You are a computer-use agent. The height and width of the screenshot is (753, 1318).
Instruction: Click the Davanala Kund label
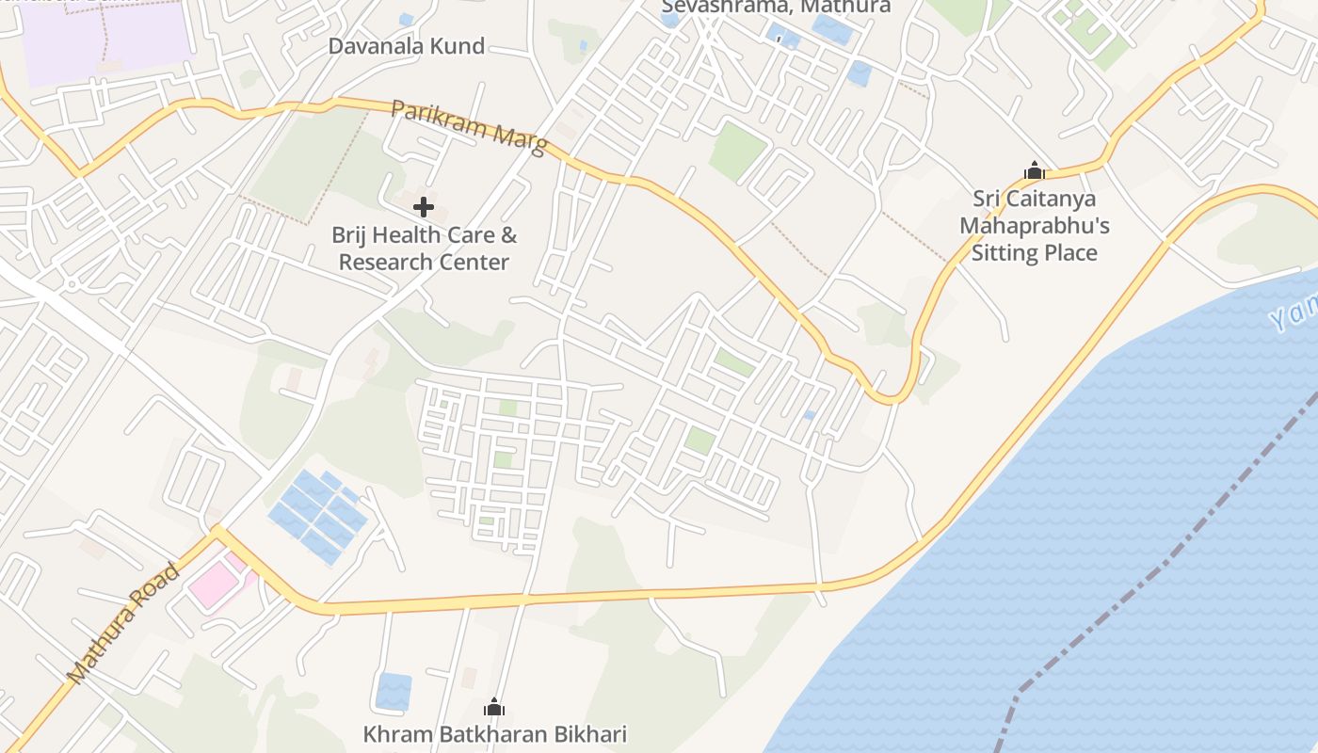click(x=406, y=46)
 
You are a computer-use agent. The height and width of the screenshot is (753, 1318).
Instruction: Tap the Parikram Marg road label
click(x=468, y=127)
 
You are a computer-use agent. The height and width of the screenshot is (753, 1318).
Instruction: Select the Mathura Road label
click(x=122, y=622)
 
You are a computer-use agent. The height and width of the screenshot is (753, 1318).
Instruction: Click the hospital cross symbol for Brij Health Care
click(x=424, y=207)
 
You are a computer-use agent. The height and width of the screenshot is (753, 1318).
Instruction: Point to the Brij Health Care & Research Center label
click(x=424, y=248)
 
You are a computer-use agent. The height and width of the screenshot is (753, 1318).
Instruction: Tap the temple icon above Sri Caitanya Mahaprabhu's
click(x=1035, y=171)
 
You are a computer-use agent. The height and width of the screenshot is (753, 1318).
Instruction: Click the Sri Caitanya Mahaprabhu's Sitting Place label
click(x=1034, y=226)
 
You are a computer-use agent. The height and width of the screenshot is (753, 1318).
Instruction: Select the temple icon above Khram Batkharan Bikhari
click(x=494, y=708)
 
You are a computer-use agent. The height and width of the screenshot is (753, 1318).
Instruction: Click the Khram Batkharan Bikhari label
click(x=494, y=734)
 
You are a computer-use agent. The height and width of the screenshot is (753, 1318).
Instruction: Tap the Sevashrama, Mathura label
click(x=776, y=8)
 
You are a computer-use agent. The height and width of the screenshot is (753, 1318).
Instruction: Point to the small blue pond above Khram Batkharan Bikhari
click(x=394, y=691)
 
